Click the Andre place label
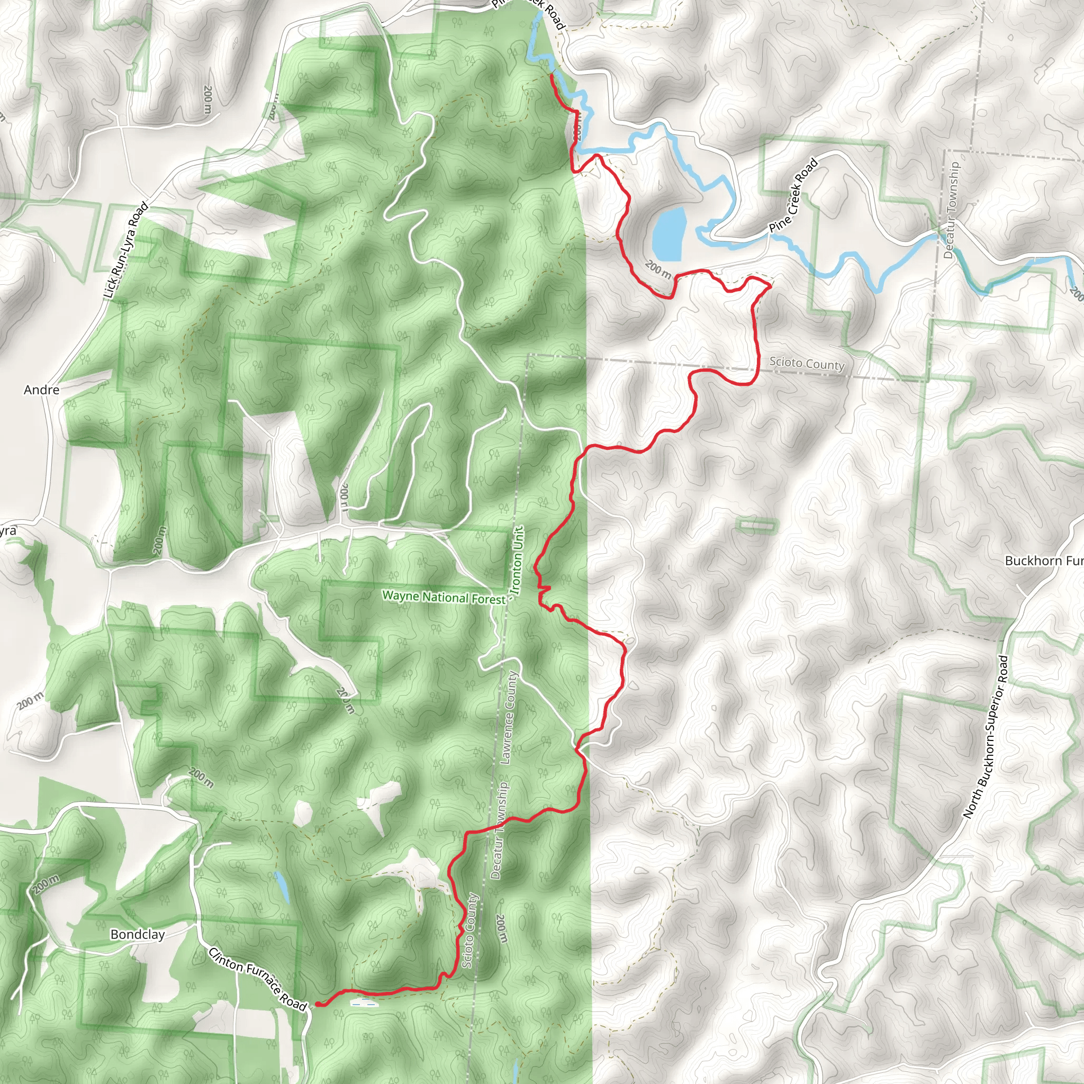click(41, 390)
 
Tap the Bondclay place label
click(138, 935)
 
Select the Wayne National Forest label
click(444, 597)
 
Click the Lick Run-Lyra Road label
click(127, 250)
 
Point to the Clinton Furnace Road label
click(258, 979)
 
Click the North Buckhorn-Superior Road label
click(985, 737)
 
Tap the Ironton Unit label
click(517, 561)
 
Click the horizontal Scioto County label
click(806, 364)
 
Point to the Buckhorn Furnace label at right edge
click(1043, 561)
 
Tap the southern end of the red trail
click(318, 1004)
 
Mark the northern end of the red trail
click(551, 74)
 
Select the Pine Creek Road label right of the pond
click(793, 196)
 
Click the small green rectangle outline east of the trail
click(757, 525)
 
